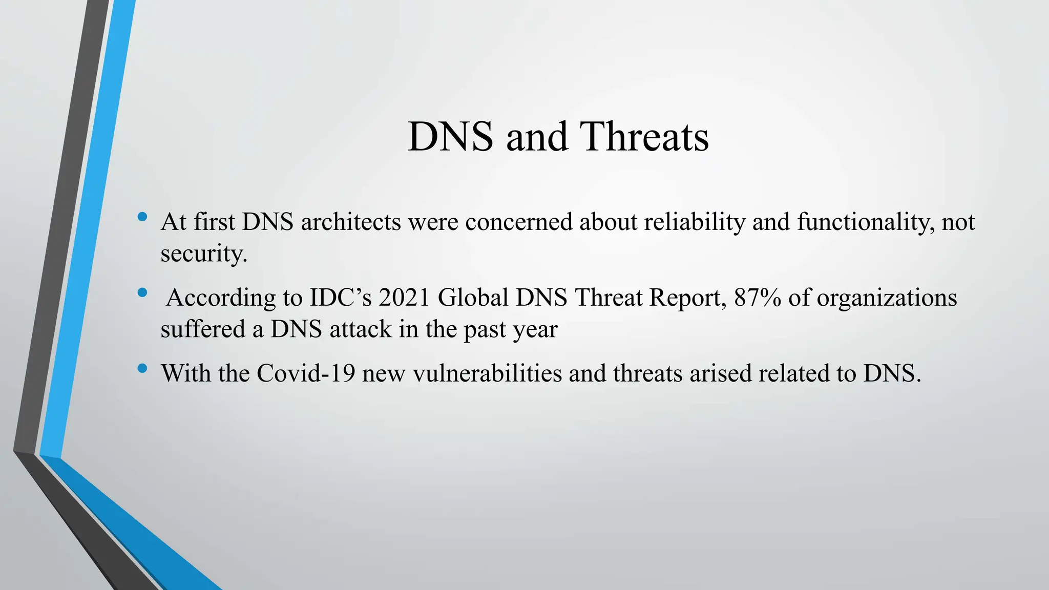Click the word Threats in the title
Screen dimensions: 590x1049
coord(644,137)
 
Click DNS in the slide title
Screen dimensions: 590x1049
coord(450,137)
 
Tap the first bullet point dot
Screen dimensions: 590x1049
coord(142,217)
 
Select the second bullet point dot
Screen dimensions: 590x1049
coord(142,292)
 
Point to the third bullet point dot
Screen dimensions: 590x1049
coord(142,368)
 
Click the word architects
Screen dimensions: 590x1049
coord(351,222)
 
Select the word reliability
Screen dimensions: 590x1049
coord(694,222)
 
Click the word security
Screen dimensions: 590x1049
coord(203,253)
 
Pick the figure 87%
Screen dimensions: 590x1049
coord(757,298)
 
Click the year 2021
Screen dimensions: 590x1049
coord(404,298)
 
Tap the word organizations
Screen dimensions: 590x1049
coord(886,298)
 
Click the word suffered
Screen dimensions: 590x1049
coord(203,329)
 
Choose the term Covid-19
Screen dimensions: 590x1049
coord(306,373)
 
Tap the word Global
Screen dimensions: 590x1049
coord(473,298)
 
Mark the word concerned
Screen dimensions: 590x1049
coord(518,222)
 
